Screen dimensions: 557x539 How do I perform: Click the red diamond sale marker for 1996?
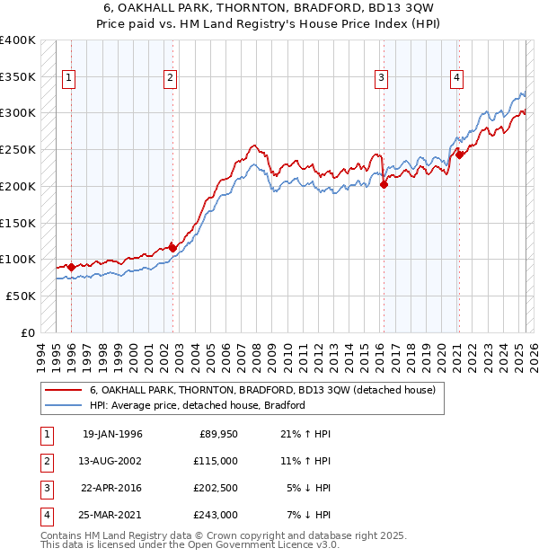[x=72, y=266]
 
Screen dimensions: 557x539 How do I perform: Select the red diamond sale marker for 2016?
[x=384, y=184]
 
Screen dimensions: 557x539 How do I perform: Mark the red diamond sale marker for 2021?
[x=459, y=155]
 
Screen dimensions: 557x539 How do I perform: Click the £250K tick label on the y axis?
[x=18, y=149]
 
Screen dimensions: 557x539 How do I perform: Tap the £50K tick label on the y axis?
[x=21, y=296]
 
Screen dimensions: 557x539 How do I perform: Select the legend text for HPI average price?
[x=198, y=405]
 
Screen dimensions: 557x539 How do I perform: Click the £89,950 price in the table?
[x=218, y=434]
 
